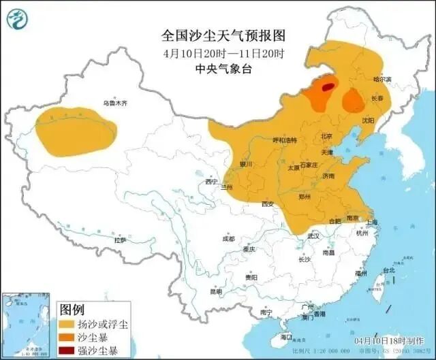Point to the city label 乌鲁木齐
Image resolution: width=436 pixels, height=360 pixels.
click(115, 103)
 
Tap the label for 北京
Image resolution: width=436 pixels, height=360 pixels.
click(326, 137)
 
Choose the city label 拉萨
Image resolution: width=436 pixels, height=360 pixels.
click(120, 240)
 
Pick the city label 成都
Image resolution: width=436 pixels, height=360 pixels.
click(228, 239)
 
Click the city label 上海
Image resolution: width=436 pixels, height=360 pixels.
click(371, 222)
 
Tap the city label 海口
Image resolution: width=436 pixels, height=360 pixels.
click(285, 337)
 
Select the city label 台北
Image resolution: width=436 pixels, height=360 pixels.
click(388, 270)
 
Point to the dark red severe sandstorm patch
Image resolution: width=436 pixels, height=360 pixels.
click(328, 86)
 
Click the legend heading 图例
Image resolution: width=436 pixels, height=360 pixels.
click(73, 308)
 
